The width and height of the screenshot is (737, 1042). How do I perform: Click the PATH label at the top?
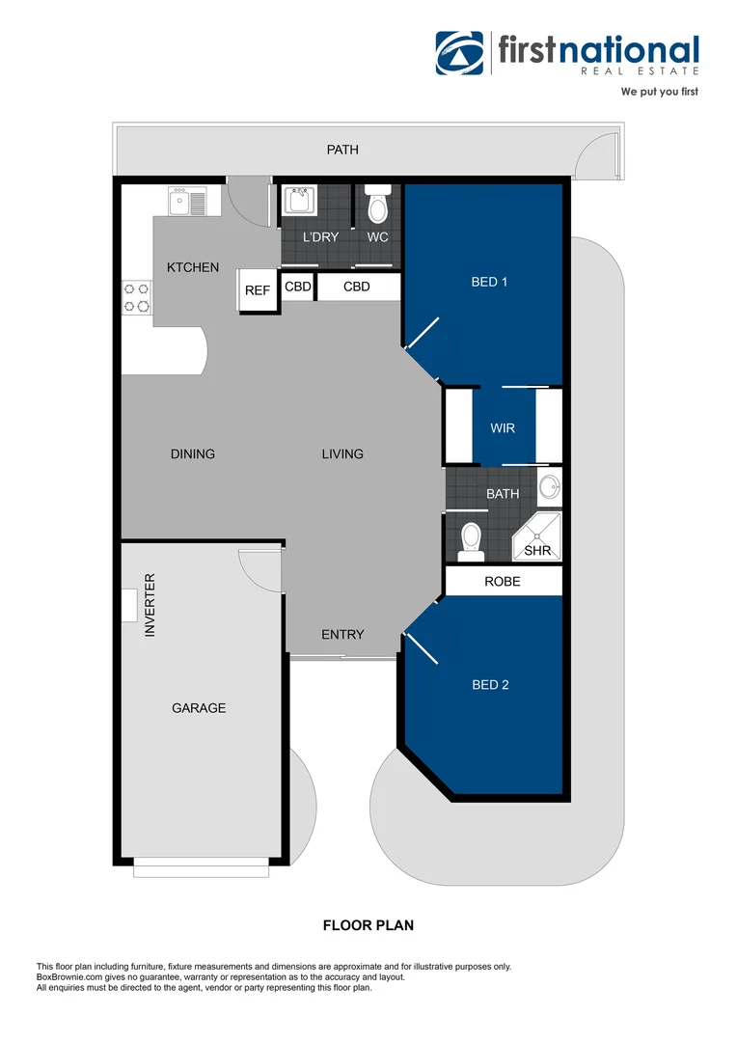(342, 150)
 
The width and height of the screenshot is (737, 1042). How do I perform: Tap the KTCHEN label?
(193, 267)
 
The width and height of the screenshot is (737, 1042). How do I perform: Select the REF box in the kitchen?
(257, 290)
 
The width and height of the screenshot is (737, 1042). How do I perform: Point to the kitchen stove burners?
(136, 297)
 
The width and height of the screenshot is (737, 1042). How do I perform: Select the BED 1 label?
(489, 282)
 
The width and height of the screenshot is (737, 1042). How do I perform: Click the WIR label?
(503, 427)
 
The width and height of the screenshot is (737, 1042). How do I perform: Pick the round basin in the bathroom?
(549, 487)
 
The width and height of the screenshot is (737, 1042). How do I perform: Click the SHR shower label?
(536, 551)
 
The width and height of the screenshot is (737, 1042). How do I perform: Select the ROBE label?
(503, 582)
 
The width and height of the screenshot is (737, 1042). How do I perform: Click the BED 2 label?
(490, 685)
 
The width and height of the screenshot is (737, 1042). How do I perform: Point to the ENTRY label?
(342, 634)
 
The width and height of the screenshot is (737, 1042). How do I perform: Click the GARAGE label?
(199, 707)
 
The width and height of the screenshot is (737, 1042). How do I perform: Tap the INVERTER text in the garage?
(150, 605)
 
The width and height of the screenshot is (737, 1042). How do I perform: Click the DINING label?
(193, 453)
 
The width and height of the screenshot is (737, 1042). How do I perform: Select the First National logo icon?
(459, 52)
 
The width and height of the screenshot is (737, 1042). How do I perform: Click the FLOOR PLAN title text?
(368, 925)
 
